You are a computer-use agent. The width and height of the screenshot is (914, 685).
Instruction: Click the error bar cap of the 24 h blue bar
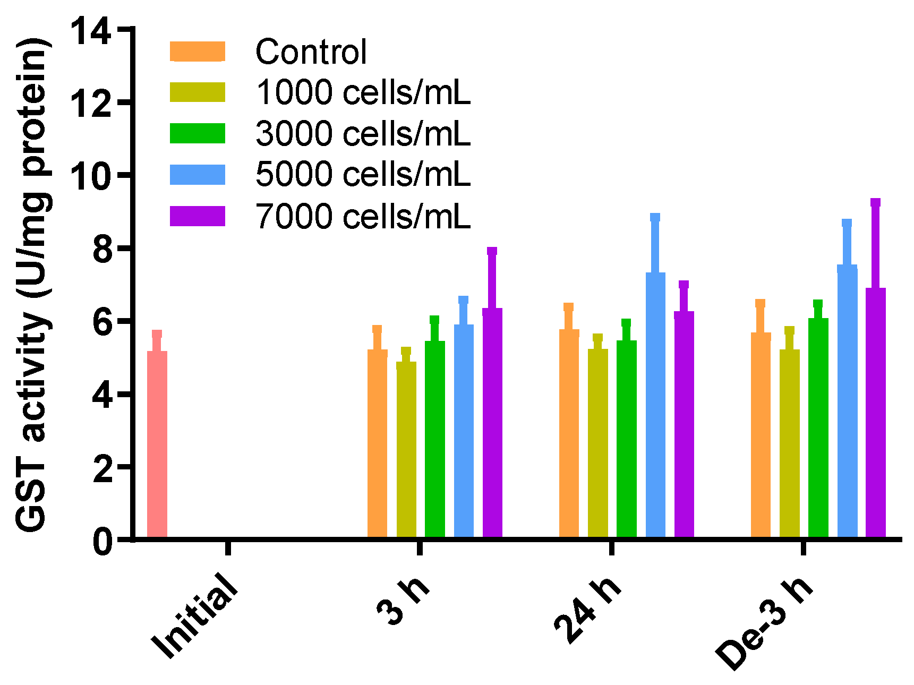655,217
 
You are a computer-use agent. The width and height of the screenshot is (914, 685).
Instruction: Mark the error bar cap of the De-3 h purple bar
875,202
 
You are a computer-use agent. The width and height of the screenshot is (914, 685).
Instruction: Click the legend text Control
311,52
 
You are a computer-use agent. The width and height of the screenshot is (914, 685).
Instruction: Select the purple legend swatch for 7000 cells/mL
198,216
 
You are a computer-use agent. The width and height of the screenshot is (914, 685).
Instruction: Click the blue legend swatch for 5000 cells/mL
198,175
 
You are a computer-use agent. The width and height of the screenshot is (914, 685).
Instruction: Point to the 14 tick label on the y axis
91,31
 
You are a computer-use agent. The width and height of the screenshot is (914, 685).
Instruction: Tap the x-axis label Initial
194,616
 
